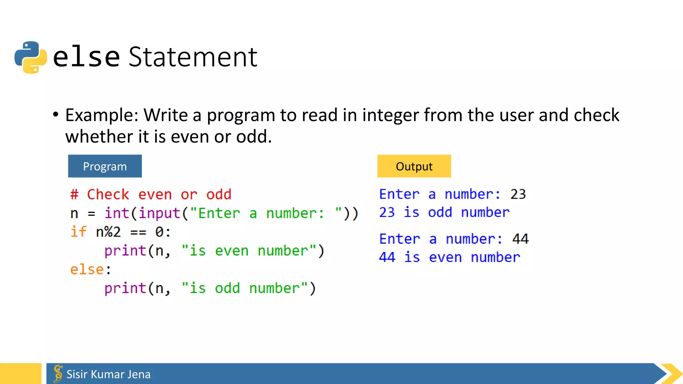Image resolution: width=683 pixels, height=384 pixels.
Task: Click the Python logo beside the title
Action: pyautogui.click(x=31, y=57)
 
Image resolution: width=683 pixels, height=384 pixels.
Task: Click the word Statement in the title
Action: pyautogui.click(x=193, y=57)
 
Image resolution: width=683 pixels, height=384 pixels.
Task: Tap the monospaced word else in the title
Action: pyautogui.click(x=86, y=57)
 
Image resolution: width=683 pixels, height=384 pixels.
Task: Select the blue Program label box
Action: pyautogui.click(x=105, y=166)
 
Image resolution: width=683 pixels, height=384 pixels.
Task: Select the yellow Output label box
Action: pyautogui.click(x=414, y=166)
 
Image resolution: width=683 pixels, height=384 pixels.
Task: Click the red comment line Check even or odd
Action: pyautogui.click(x=151, y=195)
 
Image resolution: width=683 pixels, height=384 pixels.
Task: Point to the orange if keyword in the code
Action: pyautogui.click(x=78, y=232)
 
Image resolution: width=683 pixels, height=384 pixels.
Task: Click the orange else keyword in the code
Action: pyautogui.click(x=87, y=269)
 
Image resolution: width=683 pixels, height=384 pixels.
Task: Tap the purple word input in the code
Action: pyautogui.click(x=159, y=213)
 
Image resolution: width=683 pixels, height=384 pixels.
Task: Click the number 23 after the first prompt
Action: pyautogui.click(x=518, y=194)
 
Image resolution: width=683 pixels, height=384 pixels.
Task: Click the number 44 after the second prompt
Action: pyautogui.click(x=520, y=239)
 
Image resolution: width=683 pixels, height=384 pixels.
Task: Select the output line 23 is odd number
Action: pyautogui.click(x=444, y=213)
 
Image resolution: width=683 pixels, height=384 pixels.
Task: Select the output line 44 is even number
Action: pyautogui.click(x=449, y=257)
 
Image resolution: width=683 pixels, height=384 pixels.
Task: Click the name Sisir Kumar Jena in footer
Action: pyautogui.click(x=108, y=374)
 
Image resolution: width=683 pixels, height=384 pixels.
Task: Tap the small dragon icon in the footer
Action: pyautogui.click(x=58, y=373)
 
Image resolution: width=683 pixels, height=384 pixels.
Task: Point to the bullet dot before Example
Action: pyautogui.click(x=56, y=115)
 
